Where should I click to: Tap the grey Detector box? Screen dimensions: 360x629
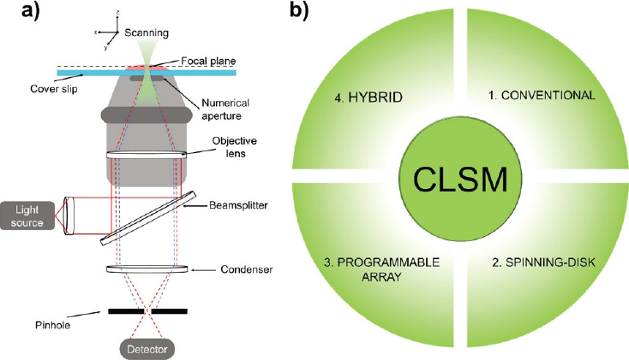147,348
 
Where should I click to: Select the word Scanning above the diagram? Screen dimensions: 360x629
147,32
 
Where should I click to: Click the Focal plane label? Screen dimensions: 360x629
205,61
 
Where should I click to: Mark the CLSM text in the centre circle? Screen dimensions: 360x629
461,180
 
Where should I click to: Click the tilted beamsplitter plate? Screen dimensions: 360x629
144,217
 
